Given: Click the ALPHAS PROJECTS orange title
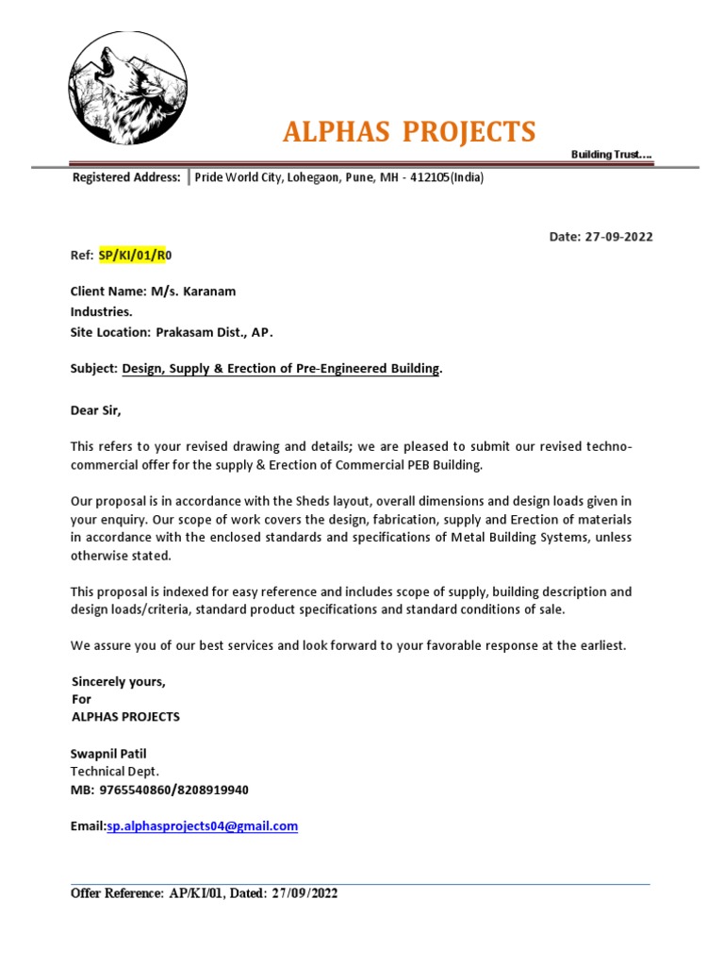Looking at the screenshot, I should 409,132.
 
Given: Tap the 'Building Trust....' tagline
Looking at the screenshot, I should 611,154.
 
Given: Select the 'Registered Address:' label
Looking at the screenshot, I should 126,177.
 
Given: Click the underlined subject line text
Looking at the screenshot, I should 281,369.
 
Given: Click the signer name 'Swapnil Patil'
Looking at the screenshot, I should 108,753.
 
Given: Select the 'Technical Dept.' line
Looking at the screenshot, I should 115,771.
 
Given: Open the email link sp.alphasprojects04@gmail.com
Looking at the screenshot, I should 202,825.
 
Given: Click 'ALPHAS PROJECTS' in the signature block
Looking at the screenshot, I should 125,717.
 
